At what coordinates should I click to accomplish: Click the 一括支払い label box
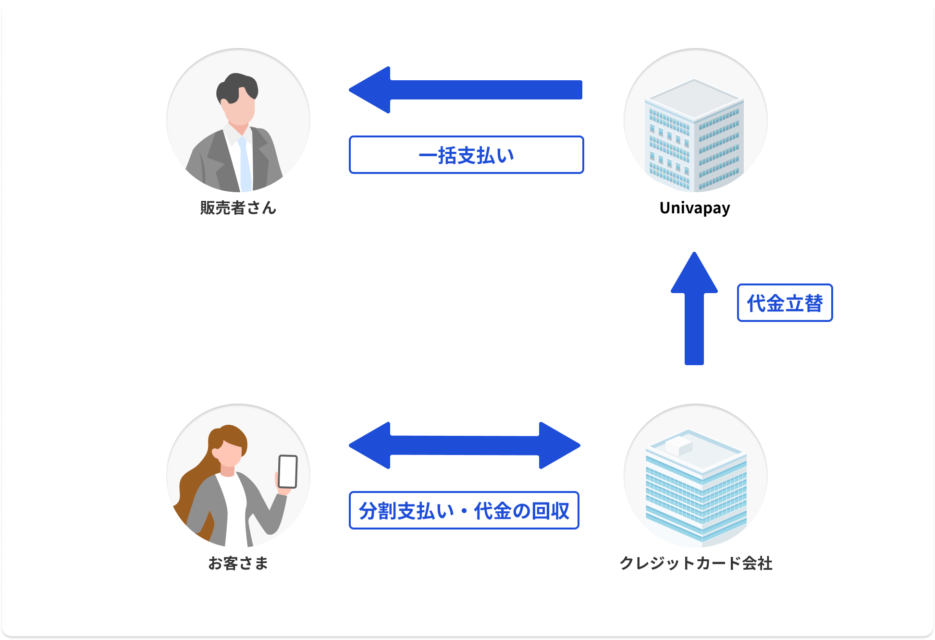point(466,155)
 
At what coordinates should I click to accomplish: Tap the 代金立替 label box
point(785,303)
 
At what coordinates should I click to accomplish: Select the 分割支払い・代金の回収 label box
point(464,510)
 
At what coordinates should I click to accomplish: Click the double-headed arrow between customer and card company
point(464,445)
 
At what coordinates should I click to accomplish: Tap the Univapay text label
point(695,208)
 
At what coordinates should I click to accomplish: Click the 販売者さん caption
point(238,208)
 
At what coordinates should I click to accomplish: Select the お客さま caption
point(238,563)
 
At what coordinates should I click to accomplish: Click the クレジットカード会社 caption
point(696,563)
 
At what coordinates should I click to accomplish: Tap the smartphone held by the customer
point(288,471)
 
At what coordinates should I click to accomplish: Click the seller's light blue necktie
point(245,163)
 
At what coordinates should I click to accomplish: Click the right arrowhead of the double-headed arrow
point(559,445)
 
